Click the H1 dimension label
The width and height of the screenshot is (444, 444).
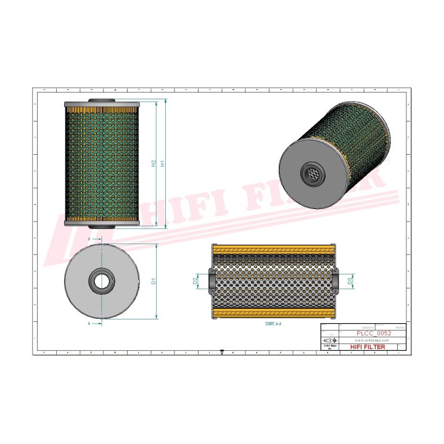(162, 164)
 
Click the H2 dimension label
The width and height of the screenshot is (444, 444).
(154, 164)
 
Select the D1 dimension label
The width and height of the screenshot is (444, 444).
(153, 281)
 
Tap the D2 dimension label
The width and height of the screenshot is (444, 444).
(195, 281)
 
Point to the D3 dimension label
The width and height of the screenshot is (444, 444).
(350, 281)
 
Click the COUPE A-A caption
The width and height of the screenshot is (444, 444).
(273, 323)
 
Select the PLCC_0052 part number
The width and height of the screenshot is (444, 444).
(374, 333)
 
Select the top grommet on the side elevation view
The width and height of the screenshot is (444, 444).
(101, 102)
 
